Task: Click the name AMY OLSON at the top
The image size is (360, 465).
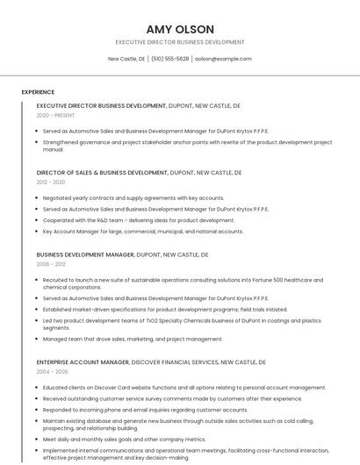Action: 180,29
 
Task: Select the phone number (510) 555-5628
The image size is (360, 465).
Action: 169,59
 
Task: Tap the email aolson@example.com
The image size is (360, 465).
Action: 223,59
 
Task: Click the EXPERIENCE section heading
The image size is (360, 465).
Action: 38,92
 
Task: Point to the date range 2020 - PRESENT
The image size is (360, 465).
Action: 55,115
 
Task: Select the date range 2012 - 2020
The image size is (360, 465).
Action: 51,182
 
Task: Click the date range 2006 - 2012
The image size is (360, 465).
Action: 51,263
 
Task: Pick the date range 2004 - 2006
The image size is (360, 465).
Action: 51,371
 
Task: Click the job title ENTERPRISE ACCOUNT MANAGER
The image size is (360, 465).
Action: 84,361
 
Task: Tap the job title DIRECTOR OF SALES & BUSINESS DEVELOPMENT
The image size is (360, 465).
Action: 101,173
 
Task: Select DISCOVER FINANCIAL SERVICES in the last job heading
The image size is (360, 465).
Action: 176,361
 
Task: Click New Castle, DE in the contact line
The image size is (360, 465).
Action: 126,59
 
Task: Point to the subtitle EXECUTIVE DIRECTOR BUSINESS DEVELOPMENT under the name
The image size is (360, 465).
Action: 180,42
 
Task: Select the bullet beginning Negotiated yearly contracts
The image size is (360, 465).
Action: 133,198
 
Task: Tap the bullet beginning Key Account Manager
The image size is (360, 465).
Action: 143,232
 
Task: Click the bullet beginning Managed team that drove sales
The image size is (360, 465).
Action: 133,339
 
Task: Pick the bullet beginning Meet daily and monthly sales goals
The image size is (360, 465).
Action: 124,440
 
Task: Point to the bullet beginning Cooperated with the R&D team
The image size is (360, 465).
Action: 138,220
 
